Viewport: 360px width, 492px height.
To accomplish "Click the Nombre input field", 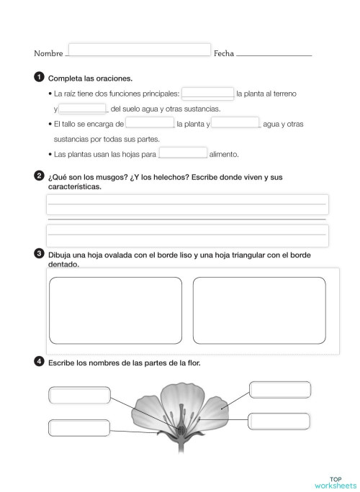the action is (x=140, y=50).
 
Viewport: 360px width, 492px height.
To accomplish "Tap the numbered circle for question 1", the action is (x=37, y=77).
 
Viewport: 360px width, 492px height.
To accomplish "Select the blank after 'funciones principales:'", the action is (x=207, y=94).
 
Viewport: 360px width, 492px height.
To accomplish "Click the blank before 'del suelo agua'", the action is (x=82, y=109).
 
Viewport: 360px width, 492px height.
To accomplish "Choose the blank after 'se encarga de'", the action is (x=149, y=124).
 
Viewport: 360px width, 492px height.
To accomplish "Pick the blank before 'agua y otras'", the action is (x=235, y=124).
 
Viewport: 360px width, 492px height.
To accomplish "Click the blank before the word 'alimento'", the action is (x=182, y=153).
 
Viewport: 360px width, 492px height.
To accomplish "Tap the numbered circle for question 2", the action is (x=37, y=175).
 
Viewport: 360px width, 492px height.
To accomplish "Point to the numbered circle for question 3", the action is (x=37, y=254).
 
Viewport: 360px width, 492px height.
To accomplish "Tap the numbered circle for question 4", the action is (x=37, y=362).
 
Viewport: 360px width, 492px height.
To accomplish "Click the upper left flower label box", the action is (x=78, y=395).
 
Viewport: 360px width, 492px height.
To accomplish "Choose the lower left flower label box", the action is (x=78, y=427).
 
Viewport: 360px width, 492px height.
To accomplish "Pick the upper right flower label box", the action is (x=280, y=389).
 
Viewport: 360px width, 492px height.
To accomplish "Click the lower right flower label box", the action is (x=279, y=422).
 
